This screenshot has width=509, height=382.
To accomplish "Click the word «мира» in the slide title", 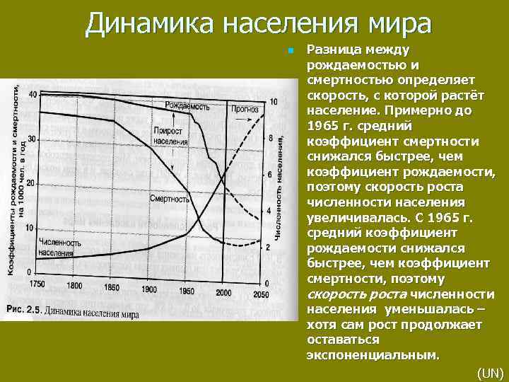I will [x=395, y=24].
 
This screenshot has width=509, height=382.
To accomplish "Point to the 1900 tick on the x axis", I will [x=149, y=290].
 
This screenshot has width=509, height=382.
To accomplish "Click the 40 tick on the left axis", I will [x=32, y=95].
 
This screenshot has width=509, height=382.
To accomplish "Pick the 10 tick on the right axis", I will [x=274, y=102].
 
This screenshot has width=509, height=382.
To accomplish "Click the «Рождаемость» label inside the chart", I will [x=187, y=106].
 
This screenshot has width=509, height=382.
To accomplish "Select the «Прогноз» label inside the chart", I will [x=243, y=109].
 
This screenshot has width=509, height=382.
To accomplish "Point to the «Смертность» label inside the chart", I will [x=168, y=199].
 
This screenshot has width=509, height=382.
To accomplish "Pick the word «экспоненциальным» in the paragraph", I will [x=373, y=355].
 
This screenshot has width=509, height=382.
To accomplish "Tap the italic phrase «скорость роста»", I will [x=356, y=294].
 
